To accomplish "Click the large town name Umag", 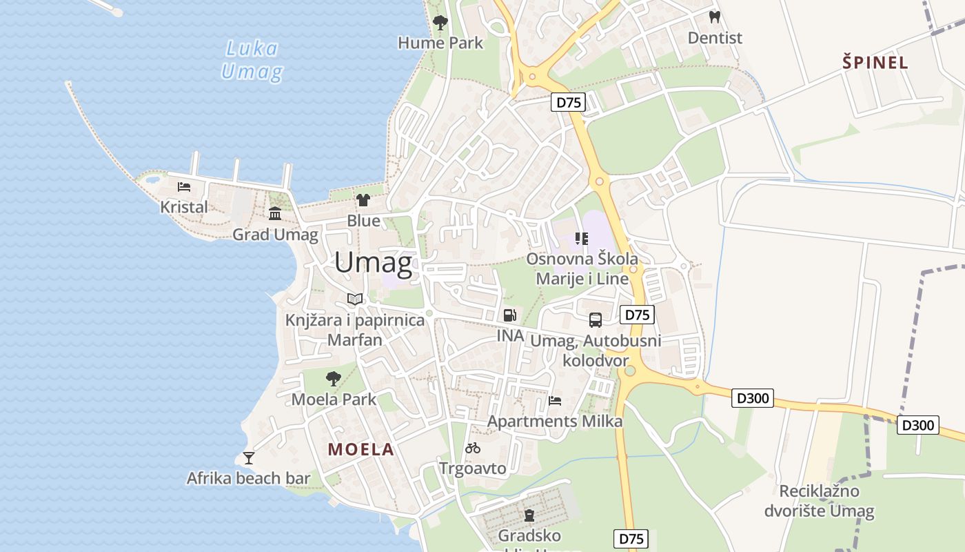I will (374, 263).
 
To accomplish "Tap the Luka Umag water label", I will (252, 60).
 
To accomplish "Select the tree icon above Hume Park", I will (440, 23).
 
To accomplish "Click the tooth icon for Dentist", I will (715, 17).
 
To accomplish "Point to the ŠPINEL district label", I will (875, 63).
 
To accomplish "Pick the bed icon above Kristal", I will (183, 186).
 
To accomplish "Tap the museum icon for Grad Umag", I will (275, 213).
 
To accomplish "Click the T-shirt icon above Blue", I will (363, 200).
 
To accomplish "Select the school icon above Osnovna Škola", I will (582, 239).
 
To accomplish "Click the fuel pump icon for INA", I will (510, 315).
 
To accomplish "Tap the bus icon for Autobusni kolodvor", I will (596, 320).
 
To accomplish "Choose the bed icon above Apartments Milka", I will (555, 400).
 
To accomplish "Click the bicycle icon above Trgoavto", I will (473, 448).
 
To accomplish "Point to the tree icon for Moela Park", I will (334, 378).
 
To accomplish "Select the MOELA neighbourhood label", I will (361, 450).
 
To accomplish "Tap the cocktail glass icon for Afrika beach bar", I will (249, 457).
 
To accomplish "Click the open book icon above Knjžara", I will (355, 299).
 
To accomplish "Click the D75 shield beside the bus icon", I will (637, 315).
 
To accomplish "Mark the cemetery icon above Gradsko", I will (529, 515).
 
